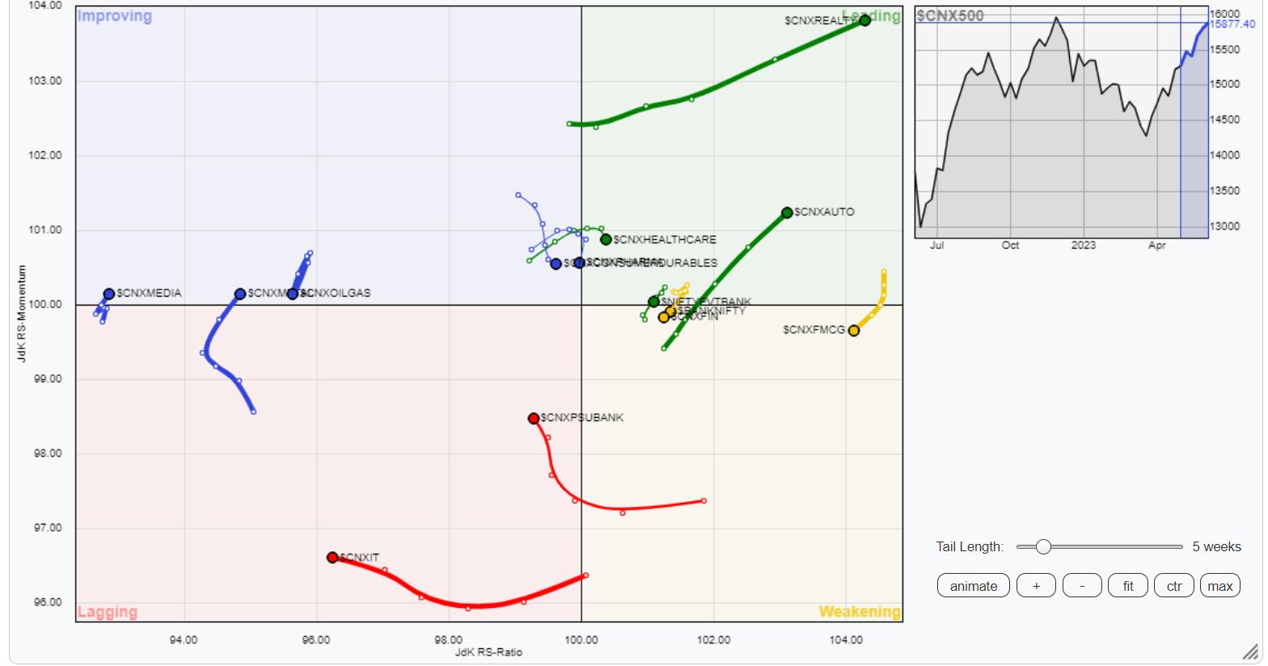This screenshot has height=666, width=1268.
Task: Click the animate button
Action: click(973, 586)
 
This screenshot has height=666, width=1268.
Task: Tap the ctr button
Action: click(1173, 586)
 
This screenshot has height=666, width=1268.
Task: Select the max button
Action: click(1219, 586)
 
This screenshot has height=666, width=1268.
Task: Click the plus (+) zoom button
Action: click(1036, 586)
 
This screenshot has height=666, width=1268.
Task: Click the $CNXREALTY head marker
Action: click(864, 20)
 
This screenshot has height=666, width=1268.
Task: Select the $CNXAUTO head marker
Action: click(787, 213)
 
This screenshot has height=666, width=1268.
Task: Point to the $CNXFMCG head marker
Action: click(853, 330)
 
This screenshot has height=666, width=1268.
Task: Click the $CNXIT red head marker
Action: click(332, 557)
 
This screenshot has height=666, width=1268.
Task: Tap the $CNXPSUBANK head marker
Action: click(534, 418)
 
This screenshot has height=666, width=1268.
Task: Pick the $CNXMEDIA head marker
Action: click(109, 293)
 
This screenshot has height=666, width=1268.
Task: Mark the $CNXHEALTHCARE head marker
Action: click(606, 239)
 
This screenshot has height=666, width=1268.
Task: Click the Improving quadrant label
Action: click(114, 16)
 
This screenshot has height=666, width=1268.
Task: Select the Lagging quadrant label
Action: click(107, 612)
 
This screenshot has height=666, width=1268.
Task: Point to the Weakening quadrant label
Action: click(859, 612)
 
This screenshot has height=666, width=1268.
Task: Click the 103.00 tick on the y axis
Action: click(45, 81)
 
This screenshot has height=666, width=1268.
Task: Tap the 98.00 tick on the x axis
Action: click(449, 639)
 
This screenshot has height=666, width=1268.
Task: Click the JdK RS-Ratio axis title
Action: click(488, 652)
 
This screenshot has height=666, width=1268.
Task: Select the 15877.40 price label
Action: click(1232, 24)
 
